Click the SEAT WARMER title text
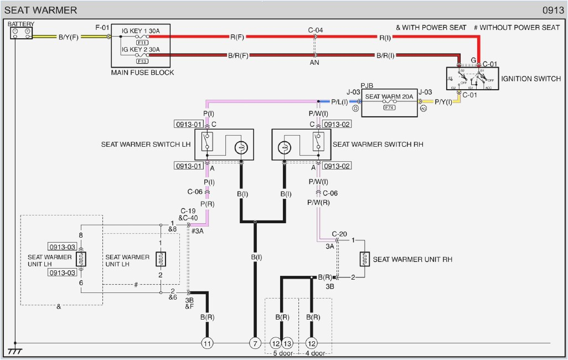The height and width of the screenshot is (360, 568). [x=41, y=10]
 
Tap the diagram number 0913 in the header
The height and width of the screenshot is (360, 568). [x=553, y=10]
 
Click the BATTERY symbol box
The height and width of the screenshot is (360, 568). [x=22, y=33]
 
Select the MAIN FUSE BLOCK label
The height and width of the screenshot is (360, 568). [x=142, y=73]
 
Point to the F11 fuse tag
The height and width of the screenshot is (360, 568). [x=142, y=42]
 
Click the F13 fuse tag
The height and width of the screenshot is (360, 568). [x=142, y=61]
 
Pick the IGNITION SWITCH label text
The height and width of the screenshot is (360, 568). [x=531, y=79]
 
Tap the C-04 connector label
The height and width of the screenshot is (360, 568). [x=316, y=30]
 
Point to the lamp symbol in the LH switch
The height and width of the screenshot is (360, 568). [x=241, y=148]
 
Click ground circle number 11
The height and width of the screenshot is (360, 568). [x=207, y=343]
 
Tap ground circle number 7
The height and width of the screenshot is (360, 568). [x=255, y=343]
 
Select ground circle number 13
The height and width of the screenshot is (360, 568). [x=287, y=343]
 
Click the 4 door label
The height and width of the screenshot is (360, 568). [x=315, y=353]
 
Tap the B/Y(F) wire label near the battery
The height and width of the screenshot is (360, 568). [x=68, y=37]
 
